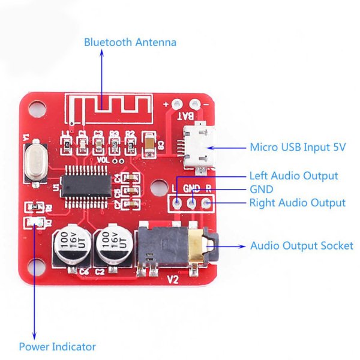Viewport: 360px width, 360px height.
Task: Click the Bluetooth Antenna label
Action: tap(130, 43)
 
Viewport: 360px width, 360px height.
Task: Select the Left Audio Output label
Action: tap(293, 176)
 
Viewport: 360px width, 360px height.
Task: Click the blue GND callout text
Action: tap(261, 189)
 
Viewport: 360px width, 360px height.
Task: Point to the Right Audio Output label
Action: tap(297, 203)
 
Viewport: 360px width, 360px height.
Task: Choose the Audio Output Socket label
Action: tap(301, 245)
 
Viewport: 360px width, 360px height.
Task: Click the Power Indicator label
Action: tap(57, 347)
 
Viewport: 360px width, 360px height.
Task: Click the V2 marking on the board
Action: tap(173, 279)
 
